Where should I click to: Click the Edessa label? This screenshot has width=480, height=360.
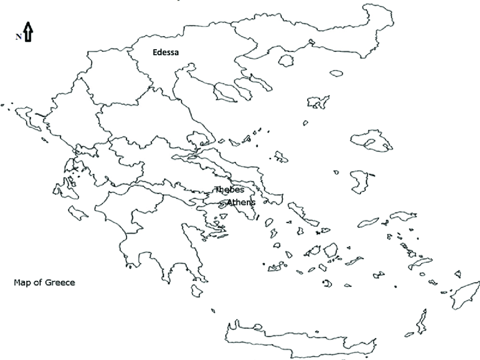click(165, 52)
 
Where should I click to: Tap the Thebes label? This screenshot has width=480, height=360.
click(229, 190)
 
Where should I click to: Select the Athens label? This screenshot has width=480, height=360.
click(241, 202)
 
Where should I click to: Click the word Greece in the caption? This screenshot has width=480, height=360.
click(60, 282)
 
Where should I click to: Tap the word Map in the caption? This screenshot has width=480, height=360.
click(21, 282)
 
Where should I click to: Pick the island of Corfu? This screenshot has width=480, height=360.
click(26, 116)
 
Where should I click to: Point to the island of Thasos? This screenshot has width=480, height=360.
click(286, 60)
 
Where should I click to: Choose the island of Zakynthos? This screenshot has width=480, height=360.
click(78, 213)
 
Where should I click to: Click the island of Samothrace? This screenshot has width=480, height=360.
click(336, 73)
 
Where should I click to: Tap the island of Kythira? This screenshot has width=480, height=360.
click(197, 290)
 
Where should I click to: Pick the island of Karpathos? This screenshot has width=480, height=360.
click(421, 321)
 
